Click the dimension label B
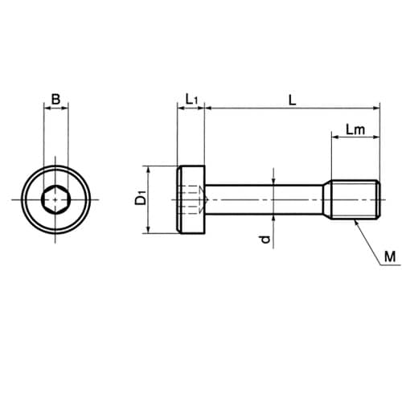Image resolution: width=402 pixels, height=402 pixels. [55, 99]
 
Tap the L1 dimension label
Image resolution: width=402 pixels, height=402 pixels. [192, 100]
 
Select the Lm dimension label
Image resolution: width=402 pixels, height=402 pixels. [355, 129]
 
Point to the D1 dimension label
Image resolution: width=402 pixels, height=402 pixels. [141, 197]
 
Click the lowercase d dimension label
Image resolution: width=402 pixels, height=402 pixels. [265, 239]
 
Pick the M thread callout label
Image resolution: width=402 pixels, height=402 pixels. [390, 256]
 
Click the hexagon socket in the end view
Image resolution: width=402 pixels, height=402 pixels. [55, 200]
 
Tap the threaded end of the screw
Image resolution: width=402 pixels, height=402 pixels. [355, 199]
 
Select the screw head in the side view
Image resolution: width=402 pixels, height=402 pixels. [191, 199]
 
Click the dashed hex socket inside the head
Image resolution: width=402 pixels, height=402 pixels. [194, 199]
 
